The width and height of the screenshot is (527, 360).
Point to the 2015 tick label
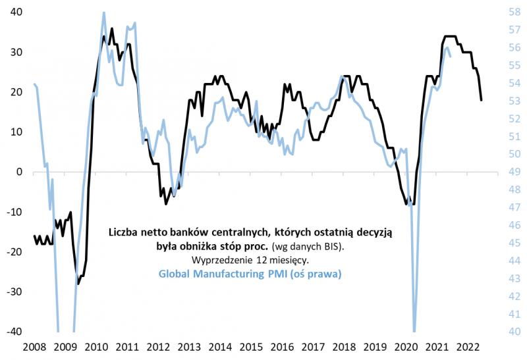tap(250, 346)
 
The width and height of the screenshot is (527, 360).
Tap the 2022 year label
tap(467, 346)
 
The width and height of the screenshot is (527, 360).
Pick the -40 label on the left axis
tap(13, 332)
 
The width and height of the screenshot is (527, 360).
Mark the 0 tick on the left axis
tap(19, 172)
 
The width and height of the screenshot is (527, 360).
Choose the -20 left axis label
tap(13, 252)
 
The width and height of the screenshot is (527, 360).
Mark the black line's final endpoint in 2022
tap(482, 100)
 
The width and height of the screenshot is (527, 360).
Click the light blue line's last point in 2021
tap(450, 56)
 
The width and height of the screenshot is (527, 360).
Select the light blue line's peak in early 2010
tap(104, 12)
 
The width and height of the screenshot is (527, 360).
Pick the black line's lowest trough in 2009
tap(78, 284)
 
